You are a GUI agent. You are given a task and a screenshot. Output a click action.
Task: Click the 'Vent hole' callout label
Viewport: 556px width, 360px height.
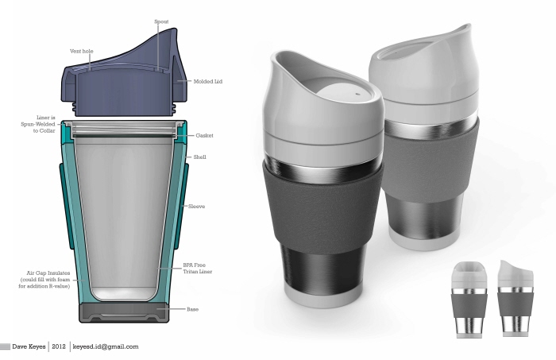pos(80,51)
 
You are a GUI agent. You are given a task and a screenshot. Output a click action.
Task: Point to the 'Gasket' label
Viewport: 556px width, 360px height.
pos(203,136)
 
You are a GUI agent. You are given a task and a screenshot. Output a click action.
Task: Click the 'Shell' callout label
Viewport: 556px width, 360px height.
pos(200,157)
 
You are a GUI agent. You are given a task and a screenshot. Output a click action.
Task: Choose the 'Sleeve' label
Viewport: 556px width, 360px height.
pos(196,206)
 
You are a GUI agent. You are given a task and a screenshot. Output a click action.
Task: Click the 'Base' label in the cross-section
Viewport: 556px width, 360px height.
pos(192,308)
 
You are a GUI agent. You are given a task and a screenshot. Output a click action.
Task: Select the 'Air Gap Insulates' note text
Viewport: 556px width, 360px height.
pos(44,279)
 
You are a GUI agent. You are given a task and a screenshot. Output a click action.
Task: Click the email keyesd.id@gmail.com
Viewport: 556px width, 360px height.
pos(105,346)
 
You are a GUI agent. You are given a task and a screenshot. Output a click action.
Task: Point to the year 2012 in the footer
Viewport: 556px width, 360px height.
pos(59,346)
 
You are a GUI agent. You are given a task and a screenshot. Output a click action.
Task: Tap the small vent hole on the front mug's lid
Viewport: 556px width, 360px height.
pos(356,92)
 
